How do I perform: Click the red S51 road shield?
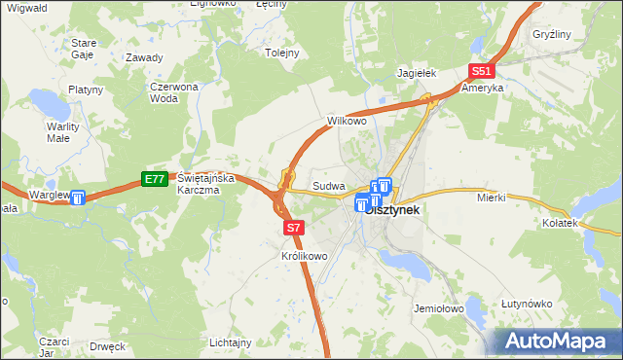pyautogui.click(x=481, y=71)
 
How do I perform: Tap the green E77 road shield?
pyautogui.click(x=154, y=179)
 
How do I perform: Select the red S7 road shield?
pyautogui.click(x=296, y=228)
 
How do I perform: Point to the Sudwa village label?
pyautogui.click(x=326, y=185)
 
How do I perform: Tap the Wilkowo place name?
pyautogui.click(x=346, y=122)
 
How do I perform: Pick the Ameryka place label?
pyautogui.click(x=483, y=88)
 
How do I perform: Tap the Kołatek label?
pyautogui.click(x=561, y=224)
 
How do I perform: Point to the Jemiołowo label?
pyautogui.click(x=436, y=307)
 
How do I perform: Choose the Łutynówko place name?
pyautogui.click(x=527, y=305)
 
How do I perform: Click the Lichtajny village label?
pyautogui.click(x=231, y=342)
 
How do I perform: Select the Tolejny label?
pyautogui.click(x=282, y=54)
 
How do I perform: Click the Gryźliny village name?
pyautogui.click(x=551, y=34)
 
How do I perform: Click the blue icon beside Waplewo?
pyautogui.click(x=77, y=198)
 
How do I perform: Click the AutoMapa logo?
pyautogui.click(x=559, y=342)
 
